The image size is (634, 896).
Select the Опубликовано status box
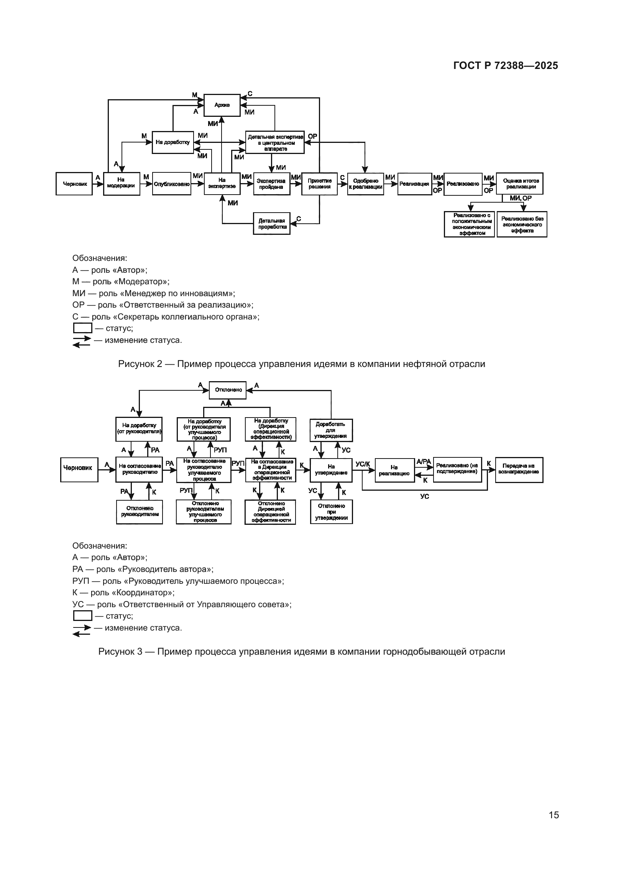pyautogui.click(x=171, y=184)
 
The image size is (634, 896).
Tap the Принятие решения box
pyautogui.click(x=319, y=184)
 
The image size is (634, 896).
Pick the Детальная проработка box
pyautogui.click(x=272, y=224)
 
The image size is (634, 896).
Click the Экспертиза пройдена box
pyautogui.click(x=271, y=184)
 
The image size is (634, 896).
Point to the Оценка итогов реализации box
pyautogui.click(x=520, y=184)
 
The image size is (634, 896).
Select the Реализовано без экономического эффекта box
pyautogui.click(x=522, y=225)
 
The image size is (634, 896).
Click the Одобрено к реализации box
pyautogui.click(x=365, y=184)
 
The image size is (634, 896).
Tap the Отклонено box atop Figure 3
pyautogui.click(x=228, y=390)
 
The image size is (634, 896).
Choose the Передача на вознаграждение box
pyautogui.click(x=519, y=470)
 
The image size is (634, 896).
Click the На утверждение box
pyautogui.click(x=331, y=470)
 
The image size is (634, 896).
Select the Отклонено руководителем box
pyautogui.click(x=140, y=512)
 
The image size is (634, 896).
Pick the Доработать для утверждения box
pyautogui.click(x=331, y=430)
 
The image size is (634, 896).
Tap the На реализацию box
pyautogui.click(x=394, y=470)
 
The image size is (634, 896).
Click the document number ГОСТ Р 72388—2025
pyautogui.click(x=506, y=66)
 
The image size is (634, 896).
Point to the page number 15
pyautogui.click(x=554, y=815)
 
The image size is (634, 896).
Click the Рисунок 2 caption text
pyautogui.click(x=301, y=364)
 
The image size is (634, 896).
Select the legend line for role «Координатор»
pyautogui.click(x=123, y=593)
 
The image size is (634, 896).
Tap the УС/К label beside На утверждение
pyautogui.click(x=363, y=464)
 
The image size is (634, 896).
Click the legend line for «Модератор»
pyautogui.click(x=121, y=282)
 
